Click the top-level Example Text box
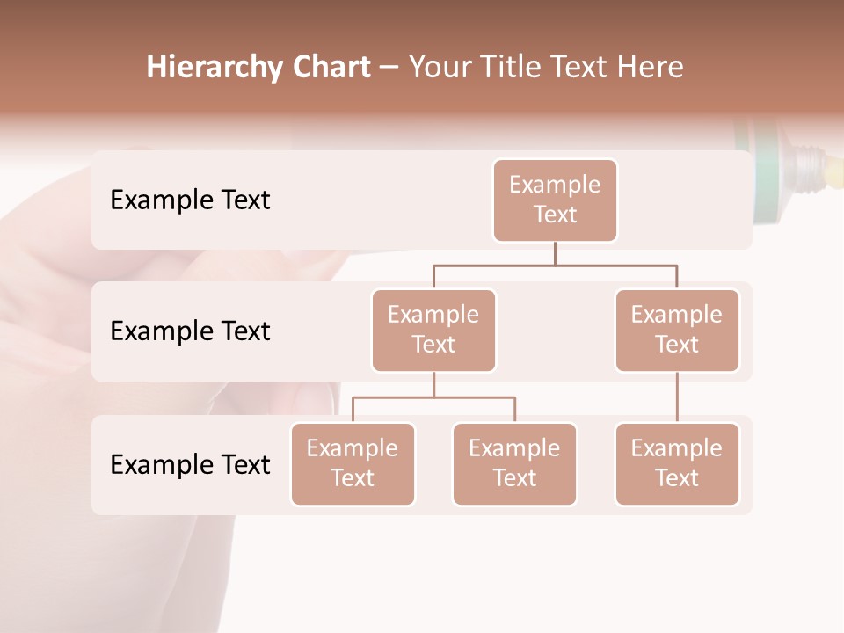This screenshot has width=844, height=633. pos(555,200)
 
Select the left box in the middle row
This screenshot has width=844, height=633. pos(433,330)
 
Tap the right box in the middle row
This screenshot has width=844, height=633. pos(677,330)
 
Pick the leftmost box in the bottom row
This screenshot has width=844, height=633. pos(353,463)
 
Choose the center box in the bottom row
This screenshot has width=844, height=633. pos(514,463)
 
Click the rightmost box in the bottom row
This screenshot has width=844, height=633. pos(677,463)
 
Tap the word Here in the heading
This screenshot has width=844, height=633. pos(651,68)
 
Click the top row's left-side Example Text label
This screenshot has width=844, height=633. pos(190,200)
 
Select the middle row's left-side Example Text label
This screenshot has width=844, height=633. pos(190,331)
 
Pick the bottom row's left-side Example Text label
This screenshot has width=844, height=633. pos(190,464)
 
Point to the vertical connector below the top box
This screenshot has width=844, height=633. pos(555,253)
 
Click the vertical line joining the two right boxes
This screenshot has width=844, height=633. pos(677,397)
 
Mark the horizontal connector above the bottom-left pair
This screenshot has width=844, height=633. pos(433,397)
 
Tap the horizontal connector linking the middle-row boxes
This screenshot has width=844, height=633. pos(555,265)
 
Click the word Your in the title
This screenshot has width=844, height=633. pos(440,68)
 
